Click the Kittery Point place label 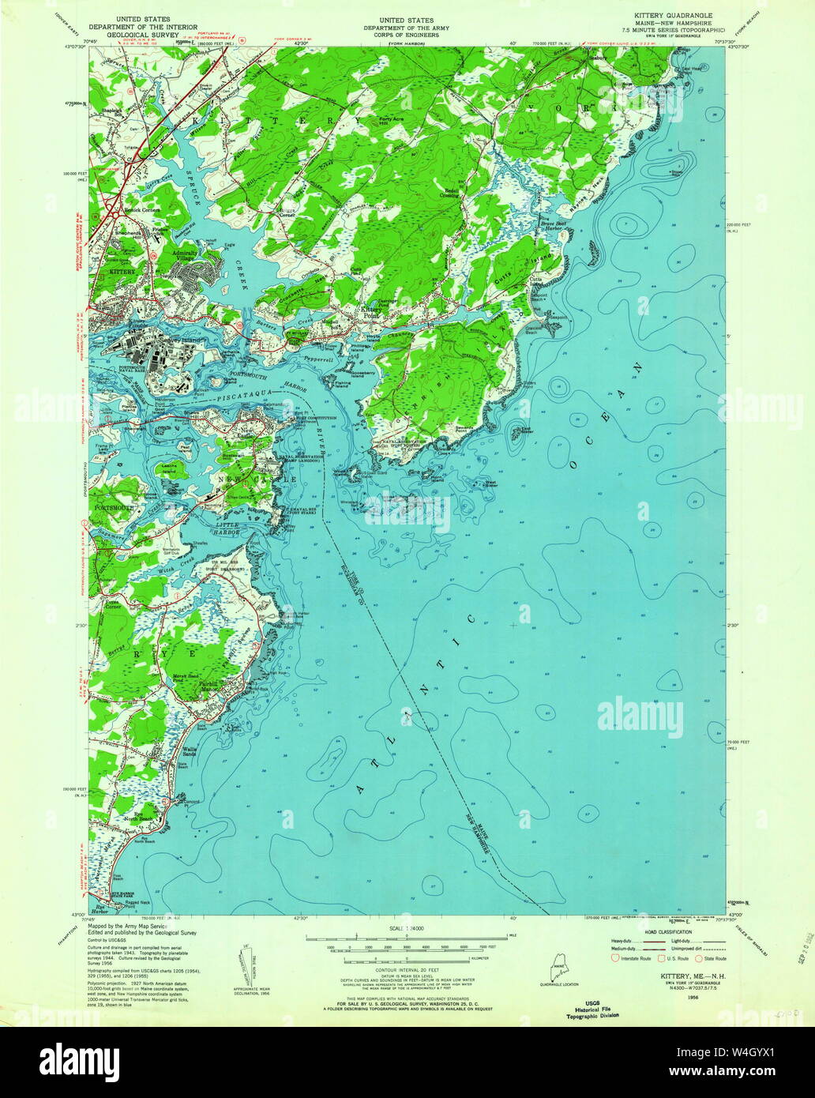click(x=370, y=311)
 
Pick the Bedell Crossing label click(x=451, y=192)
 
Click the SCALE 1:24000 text click(x=406, y=928)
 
